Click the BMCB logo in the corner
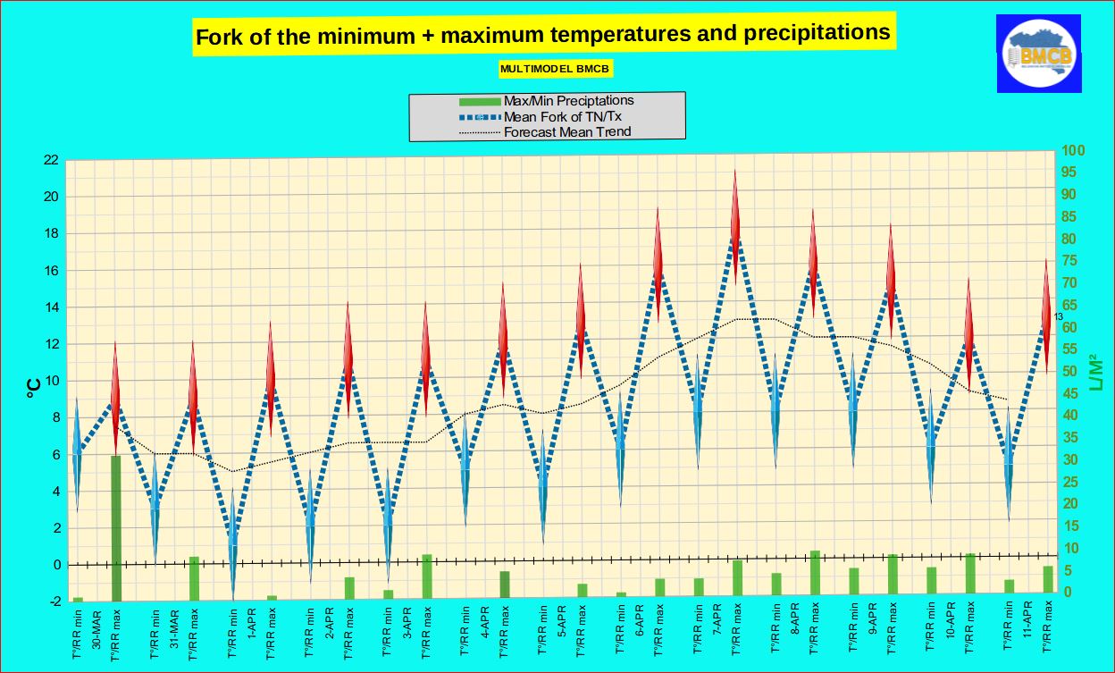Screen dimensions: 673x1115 [1039, 54]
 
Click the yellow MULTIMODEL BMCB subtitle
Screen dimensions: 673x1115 [556, 68]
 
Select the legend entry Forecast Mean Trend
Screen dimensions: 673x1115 [567, 131]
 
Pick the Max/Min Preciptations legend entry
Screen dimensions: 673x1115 [568, 100]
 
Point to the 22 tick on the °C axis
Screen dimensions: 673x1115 [51, 160]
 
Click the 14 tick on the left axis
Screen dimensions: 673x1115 [51, 307]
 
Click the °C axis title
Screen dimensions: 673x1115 [32, 386]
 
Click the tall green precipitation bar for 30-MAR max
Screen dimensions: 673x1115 [115, 527]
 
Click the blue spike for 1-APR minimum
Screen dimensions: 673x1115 [233, 541]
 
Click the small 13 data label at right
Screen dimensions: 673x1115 [1058, 316]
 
